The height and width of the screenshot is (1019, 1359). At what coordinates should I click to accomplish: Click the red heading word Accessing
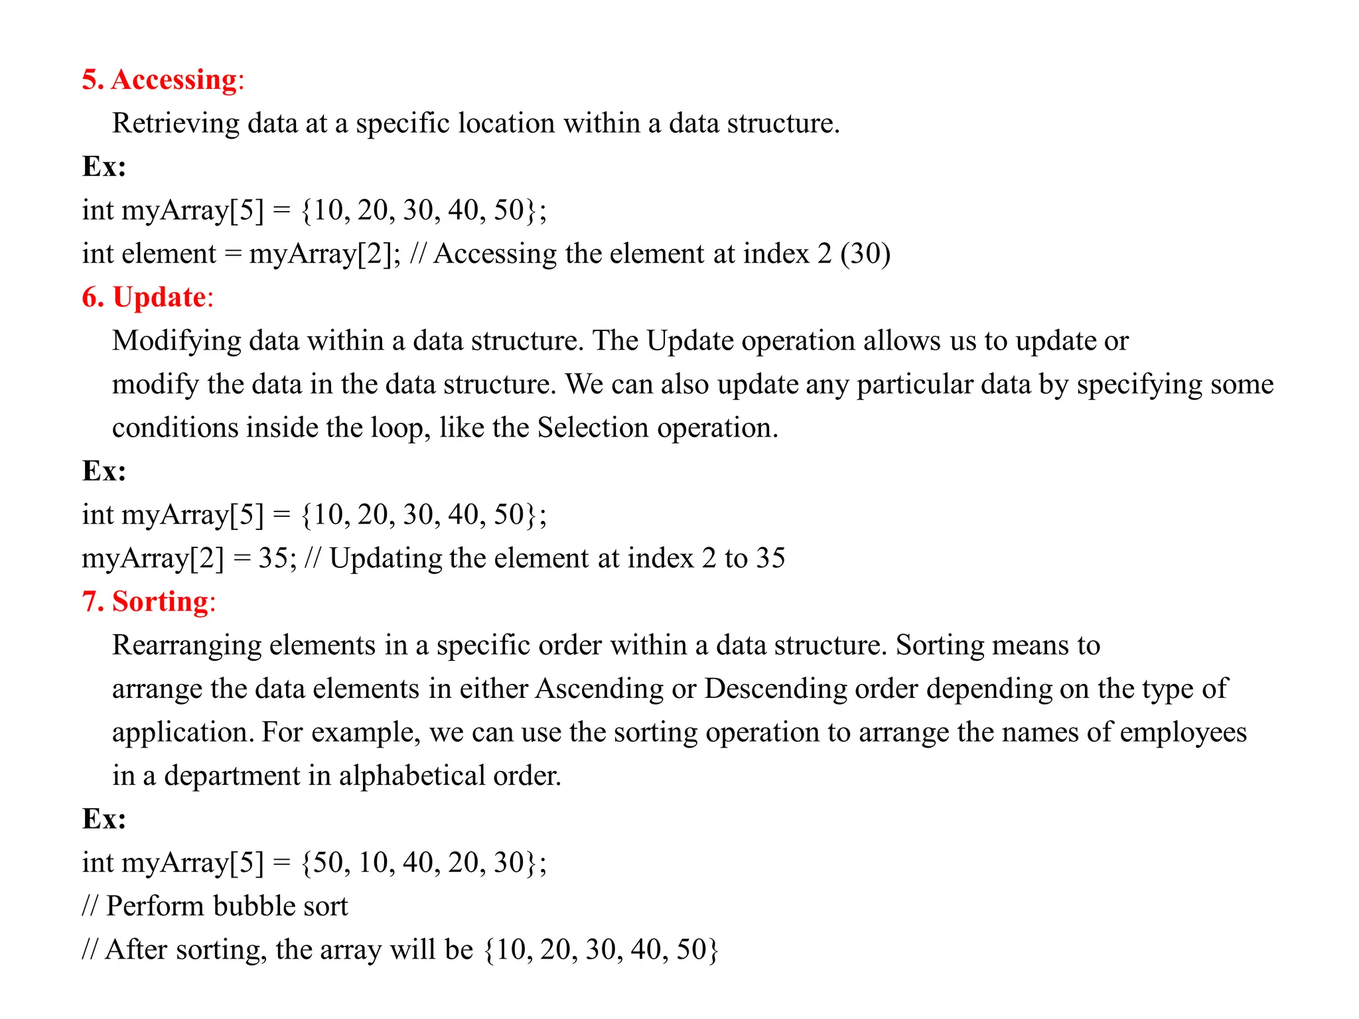click(174, 80)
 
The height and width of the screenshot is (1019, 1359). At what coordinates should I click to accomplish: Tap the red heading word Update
click(159, 297)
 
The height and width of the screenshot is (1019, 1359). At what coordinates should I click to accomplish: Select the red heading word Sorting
click(160, 602)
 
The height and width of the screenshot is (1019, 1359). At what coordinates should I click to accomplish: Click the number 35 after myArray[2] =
click(273, 558)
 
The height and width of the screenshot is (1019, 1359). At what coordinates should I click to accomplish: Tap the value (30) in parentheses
click(865, 253)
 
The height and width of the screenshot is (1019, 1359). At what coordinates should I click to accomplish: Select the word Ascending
click(599, 689)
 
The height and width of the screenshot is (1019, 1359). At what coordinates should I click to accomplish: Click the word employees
click(1183, 732)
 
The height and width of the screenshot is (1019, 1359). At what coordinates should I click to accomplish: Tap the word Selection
click(593, 428)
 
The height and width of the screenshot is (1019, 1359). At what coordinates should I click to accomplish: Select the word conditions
click(175, 428)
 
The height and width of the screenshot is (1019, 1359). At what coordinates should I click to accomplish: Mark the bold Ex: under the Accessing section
click(104, 167)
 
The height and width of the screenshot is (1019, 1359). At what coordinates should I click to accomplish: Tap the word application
click(182, 732)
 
